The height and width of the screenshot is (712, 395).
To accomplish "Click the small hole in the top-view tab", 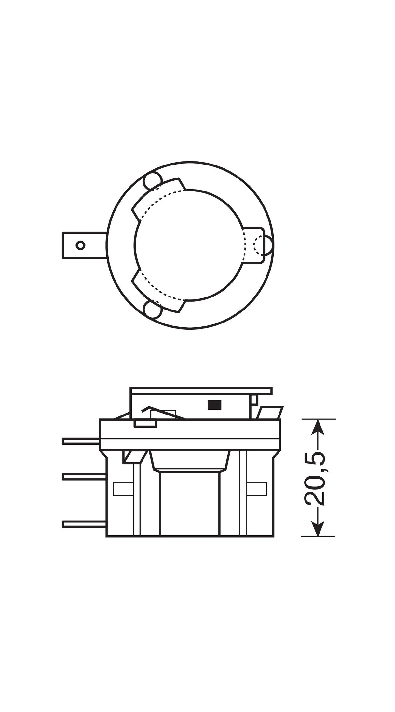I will click(80, 245).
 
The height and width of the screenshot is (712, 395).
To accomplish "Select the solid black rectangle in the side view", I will click(214, 404).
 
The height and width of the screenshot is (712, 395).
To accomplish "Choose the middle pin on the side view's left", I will click(84, 477).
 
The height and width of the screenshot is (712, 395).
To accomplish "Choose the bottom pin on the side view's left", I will click(84, 524).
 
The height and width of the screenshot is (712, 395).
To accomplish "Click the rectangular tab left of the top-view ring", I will click(84, 245).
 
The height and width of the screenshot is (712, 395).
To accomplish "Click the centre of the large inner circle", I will click(189, 244).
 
